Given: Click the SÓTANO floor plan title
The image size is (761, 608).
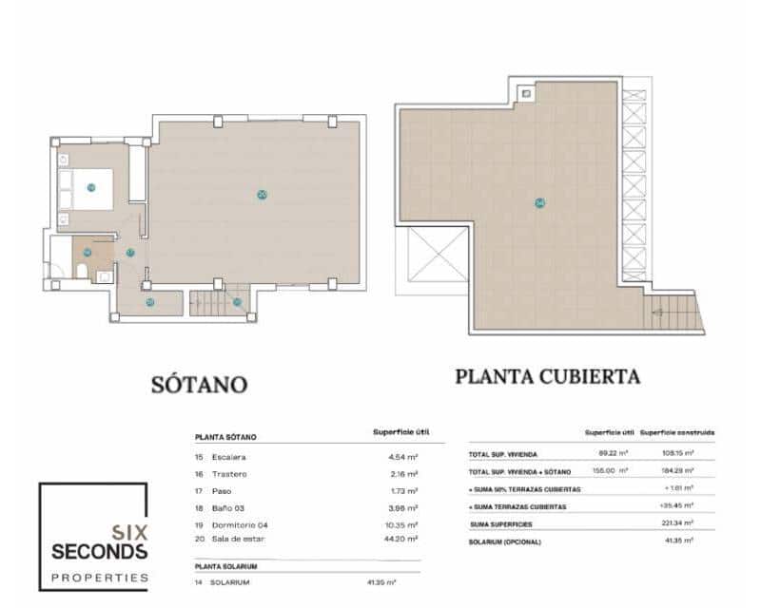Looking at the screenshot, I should coord(200,384).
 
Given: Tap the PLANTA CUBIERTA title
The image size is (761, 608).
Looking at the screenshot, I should coord(547,376).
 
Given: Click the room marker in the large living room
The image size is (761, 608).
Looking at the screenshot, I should coord(262,195).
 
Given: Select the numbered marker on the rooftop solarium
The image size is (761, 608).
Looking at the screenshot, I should coord(539,202).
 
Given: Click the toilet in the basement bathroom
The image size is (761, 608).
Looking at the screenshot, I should coord(83,274).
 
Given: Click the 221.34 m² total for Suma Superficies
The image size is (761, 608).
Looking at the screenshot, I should coord(675,523).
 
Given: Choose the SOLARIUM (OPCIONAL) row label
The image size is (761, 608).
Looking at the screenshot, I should coord(505,541).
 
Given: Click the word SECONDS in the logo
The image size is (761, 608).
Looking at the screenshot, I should coord(92,552).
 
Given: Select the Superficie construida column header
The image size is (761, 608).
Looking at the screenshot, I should coord(677,432).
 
